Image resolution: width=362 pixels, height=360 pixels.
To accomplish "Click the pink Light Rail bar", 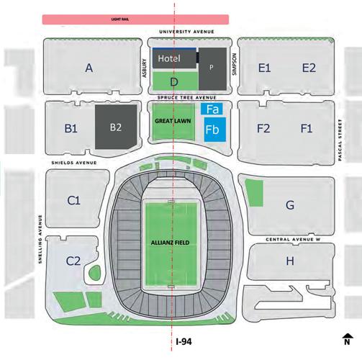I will coord(137,19).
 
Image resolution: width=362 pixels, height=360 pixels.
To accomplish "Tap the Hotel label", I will coord(169,58).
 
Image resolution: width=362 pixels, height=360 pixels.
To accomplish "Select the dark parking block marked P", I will coord(211,66).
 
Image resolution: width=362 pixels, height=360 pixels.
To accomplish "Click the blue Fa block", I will coord(212,109).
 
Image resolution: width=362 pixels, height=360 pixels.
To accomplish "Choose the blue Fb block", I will coord(212,130).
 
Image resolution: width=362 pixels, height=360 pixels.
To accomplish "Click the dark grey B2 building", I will coord(117,128).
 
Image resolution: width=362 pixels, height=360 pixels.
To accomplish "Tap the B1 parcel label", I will coord(71,129).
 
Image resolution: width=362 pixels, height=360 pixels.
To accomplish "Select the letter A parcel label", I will coord(89,68).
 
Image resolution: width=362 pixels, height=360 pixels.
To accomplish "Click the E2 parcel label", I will coord(309,68).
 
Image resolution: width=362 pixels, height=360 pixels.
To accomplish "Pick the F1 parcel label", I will coord(307,129).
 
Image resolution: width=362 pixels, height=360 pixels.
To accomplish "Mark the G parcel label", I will coord(289,205).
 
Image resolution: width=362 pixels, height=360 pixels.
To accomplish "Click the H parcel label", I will coord(289,261).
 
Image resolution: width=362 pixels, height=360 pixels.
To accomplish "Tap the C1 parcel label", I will coord(73,200).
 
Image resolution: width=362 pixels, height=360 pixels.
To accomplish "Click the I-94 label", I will coord(184,343).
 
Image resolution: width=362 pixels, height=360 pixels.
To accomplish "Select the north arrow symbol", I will coord(348,336).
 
